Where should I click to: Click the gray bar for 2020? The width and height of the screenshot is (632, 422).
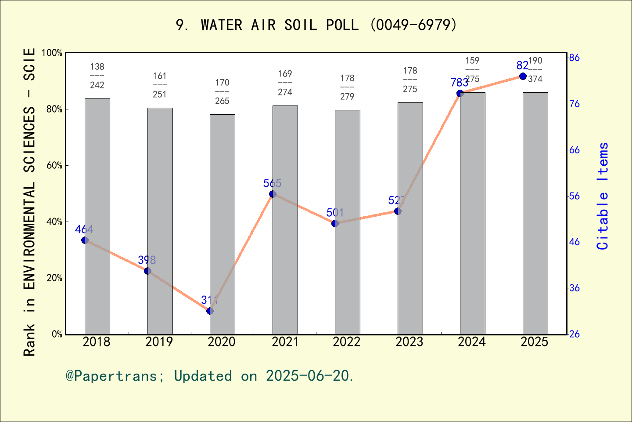(222, 224)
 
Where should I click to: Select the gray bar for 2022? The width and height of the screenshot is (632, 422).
(347, 222)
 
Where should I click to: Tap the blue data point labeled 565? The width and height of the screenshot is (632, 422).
(273, 194)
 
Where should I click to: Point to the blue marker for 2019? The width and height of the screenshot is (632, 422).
(147, 271)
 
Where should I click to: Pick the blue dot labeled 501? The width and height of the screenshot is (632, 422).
(335, 223)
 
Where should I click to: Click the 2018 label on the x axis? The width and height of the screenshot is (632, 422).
(97, 342)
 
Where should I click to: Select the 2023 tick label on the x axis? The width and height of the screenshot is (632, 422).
(409, 342)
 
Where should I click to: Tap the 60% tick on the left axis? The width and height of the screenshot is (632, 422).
(54, 166)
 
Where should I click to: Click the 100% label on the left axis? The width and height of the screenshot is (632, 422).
(52, 53)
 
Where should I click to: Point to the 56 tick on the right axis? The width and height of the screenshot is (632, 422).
(575, 196)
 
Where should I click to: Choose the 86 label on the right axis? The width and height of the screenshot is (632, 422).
(575, 58)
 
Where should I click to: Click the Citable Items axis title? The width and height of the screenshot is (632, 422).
(603, 196)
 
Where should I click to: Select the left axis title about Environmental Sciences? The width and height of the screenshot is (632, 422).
(29, 202)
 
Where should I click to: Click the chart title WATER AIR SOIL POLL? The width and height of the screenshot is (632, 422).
(316, 25)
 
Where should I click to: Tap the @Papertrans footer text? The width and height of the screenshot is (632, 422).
(209, 376)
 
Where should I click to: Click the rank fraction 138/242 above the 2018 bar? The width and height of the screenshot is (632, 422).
(97, 76)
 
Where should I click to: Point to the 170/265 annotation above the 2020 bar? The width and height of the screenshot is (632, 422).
(222, 91)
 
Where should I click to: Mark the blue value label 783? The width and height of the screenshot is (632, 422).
(459, 83)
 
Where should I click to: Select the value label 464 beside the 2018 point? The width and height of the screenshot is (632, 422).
(84, 229)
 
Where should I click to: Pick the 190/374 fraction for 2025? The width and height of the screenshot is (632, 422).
(535, 69)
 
